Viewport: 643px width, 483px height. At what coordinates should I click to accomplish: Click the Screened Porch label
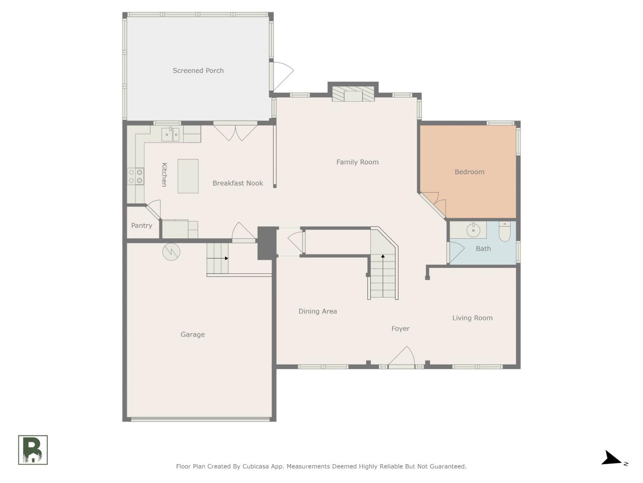click(198, 70)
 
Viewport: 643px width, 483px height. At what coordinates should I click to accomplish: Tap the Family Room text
click(358, 162)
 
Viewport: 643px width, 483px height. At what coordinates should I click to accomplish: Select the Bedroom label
click(469, 172)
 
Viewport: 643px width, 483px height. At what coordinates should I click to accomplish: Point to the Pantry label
click(141, 225)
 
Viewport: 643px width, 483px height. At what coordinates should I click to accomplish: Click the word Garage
click(192, 334)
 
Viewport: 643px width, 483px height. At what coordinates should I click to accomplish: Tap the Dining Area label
click(318, 311)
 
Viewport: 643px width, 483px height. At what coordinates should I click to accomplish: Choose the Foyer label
click(400, 328)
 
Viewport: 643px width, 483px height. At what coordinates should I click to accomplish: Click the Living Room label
click(472, 318)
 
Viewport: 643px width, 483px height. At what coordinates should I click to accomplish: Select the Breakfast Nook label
click(237, 183)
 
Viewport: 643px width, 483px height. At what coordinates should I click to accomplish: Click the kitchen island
click(188, 176)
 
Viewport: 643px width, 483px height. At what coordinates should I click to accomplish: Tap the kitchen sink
click(170, 134)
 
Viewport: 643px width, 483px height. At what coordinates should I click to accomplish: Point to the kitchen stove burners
click(135, 176)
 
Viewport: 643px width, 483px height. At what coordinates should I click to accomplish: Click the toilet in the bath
click(505, 231)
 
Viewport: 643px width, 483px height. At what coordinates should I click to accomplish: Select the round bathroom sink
click(473, 230)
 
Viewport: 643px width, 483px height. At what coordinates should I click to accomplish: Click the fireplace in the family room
click(353, 94)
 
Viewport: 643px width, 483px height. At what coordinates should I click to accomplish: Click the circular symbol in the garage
click(171, 252)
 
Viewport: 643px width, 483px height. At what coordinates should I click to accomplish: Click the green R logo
click(33, 450)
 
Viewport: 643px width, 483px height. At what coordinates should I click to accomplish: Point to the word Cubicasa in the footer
click(255, 466)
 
